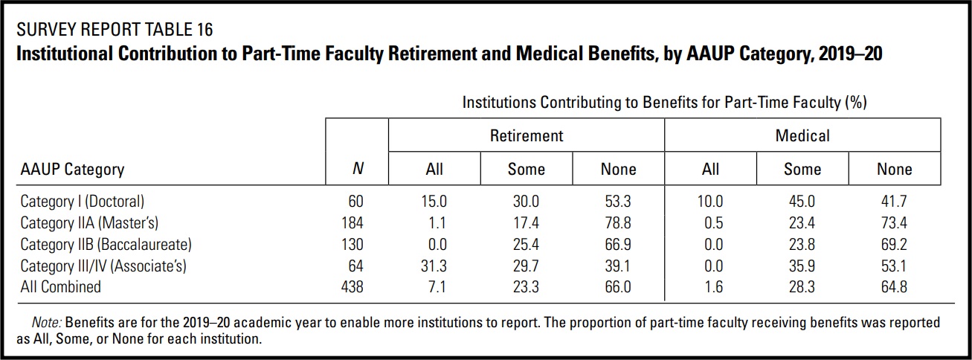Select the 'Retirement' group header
coord(526,135)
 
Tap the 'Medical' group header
coord(802,135)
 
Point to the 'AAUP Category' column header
coord(72,170)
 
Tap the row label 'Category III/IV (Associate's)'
coord(103,266)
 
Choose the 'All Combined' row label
coord(60,286)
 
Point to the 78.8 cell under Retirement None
coord(617,222)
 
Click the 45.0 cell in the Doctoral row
coord(802,202)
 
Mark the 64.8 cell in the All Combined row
coord(894,286)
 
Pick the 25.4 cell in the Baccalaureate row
coord(526,244)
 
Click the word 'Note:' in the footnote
coord(47,324)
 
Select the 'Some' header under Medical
coord(802,170)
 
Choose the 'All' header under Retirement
coord(434,170)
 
